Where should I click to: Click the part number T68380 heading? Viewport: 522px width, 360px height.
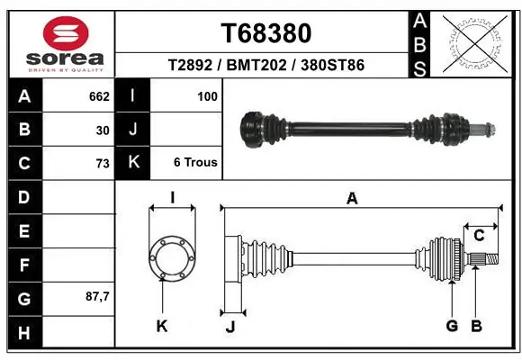pyautogui.click(x=265, y=33)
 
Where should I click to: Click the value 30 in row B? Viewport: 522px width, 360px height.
pyautogui.click(x=102, y=129)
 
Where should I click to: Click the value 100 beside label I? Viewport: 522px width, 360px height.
pyautogui.click(x=206, y=94)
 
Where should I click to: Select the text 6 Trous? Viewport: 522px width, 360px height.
pyautogui.click(x=195, y=163)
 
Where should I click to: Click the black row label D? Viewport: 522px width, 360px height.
pyautogui.click(x=23, y=197)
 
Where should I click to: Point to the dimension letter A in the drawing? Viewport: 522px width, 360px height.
pyautogui.click(x=352, y=199)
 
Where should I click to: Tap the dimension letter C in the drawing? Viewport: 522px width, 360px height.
pyautogui.click(x=479, y=236)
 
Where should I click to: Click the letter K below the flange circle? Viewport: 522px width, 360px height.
pyautogui.click(x=162, y=326)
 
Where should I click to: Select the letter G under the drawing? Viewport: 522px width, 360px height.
pyautogui.click(x=452, y=326)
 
